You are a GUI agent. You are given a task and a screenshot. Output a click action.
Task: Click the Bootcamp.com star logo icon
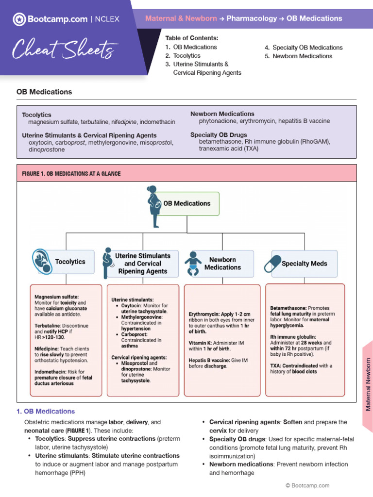[18, 19]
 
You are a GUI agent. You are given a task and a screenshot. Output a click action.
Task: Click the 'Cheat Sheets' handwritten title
[65, 49]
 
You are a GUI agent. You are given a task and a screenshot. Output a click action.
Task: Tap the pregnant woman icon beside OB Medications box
[153, 206]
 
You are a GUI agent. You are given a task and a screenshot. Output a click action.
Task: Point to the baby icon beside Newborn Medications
[193, 264]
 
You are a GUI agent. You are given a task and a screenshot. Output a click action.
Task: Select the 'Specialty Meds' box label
[305, 264]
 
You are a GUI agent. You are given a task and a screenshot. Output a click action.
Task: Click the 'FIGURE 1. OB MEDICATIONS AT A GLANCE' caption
[71, 173]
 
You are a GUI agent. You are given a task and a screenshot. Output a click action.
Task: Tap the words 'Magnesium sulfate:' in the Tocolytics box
[56, 297]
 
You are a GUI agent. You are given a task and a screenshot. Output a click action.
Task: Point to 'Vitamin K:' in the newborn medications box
[201, 342]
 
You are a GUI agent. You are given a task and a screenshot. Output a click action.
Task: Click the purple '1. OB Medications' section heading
[46, 411]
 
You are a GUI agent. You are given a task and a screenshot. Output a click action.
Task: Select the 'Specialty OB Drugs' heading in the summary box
[219, 134]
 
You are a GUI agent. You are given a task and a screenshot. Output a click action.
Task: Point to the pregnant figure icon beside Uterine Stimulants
[108, 264]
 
